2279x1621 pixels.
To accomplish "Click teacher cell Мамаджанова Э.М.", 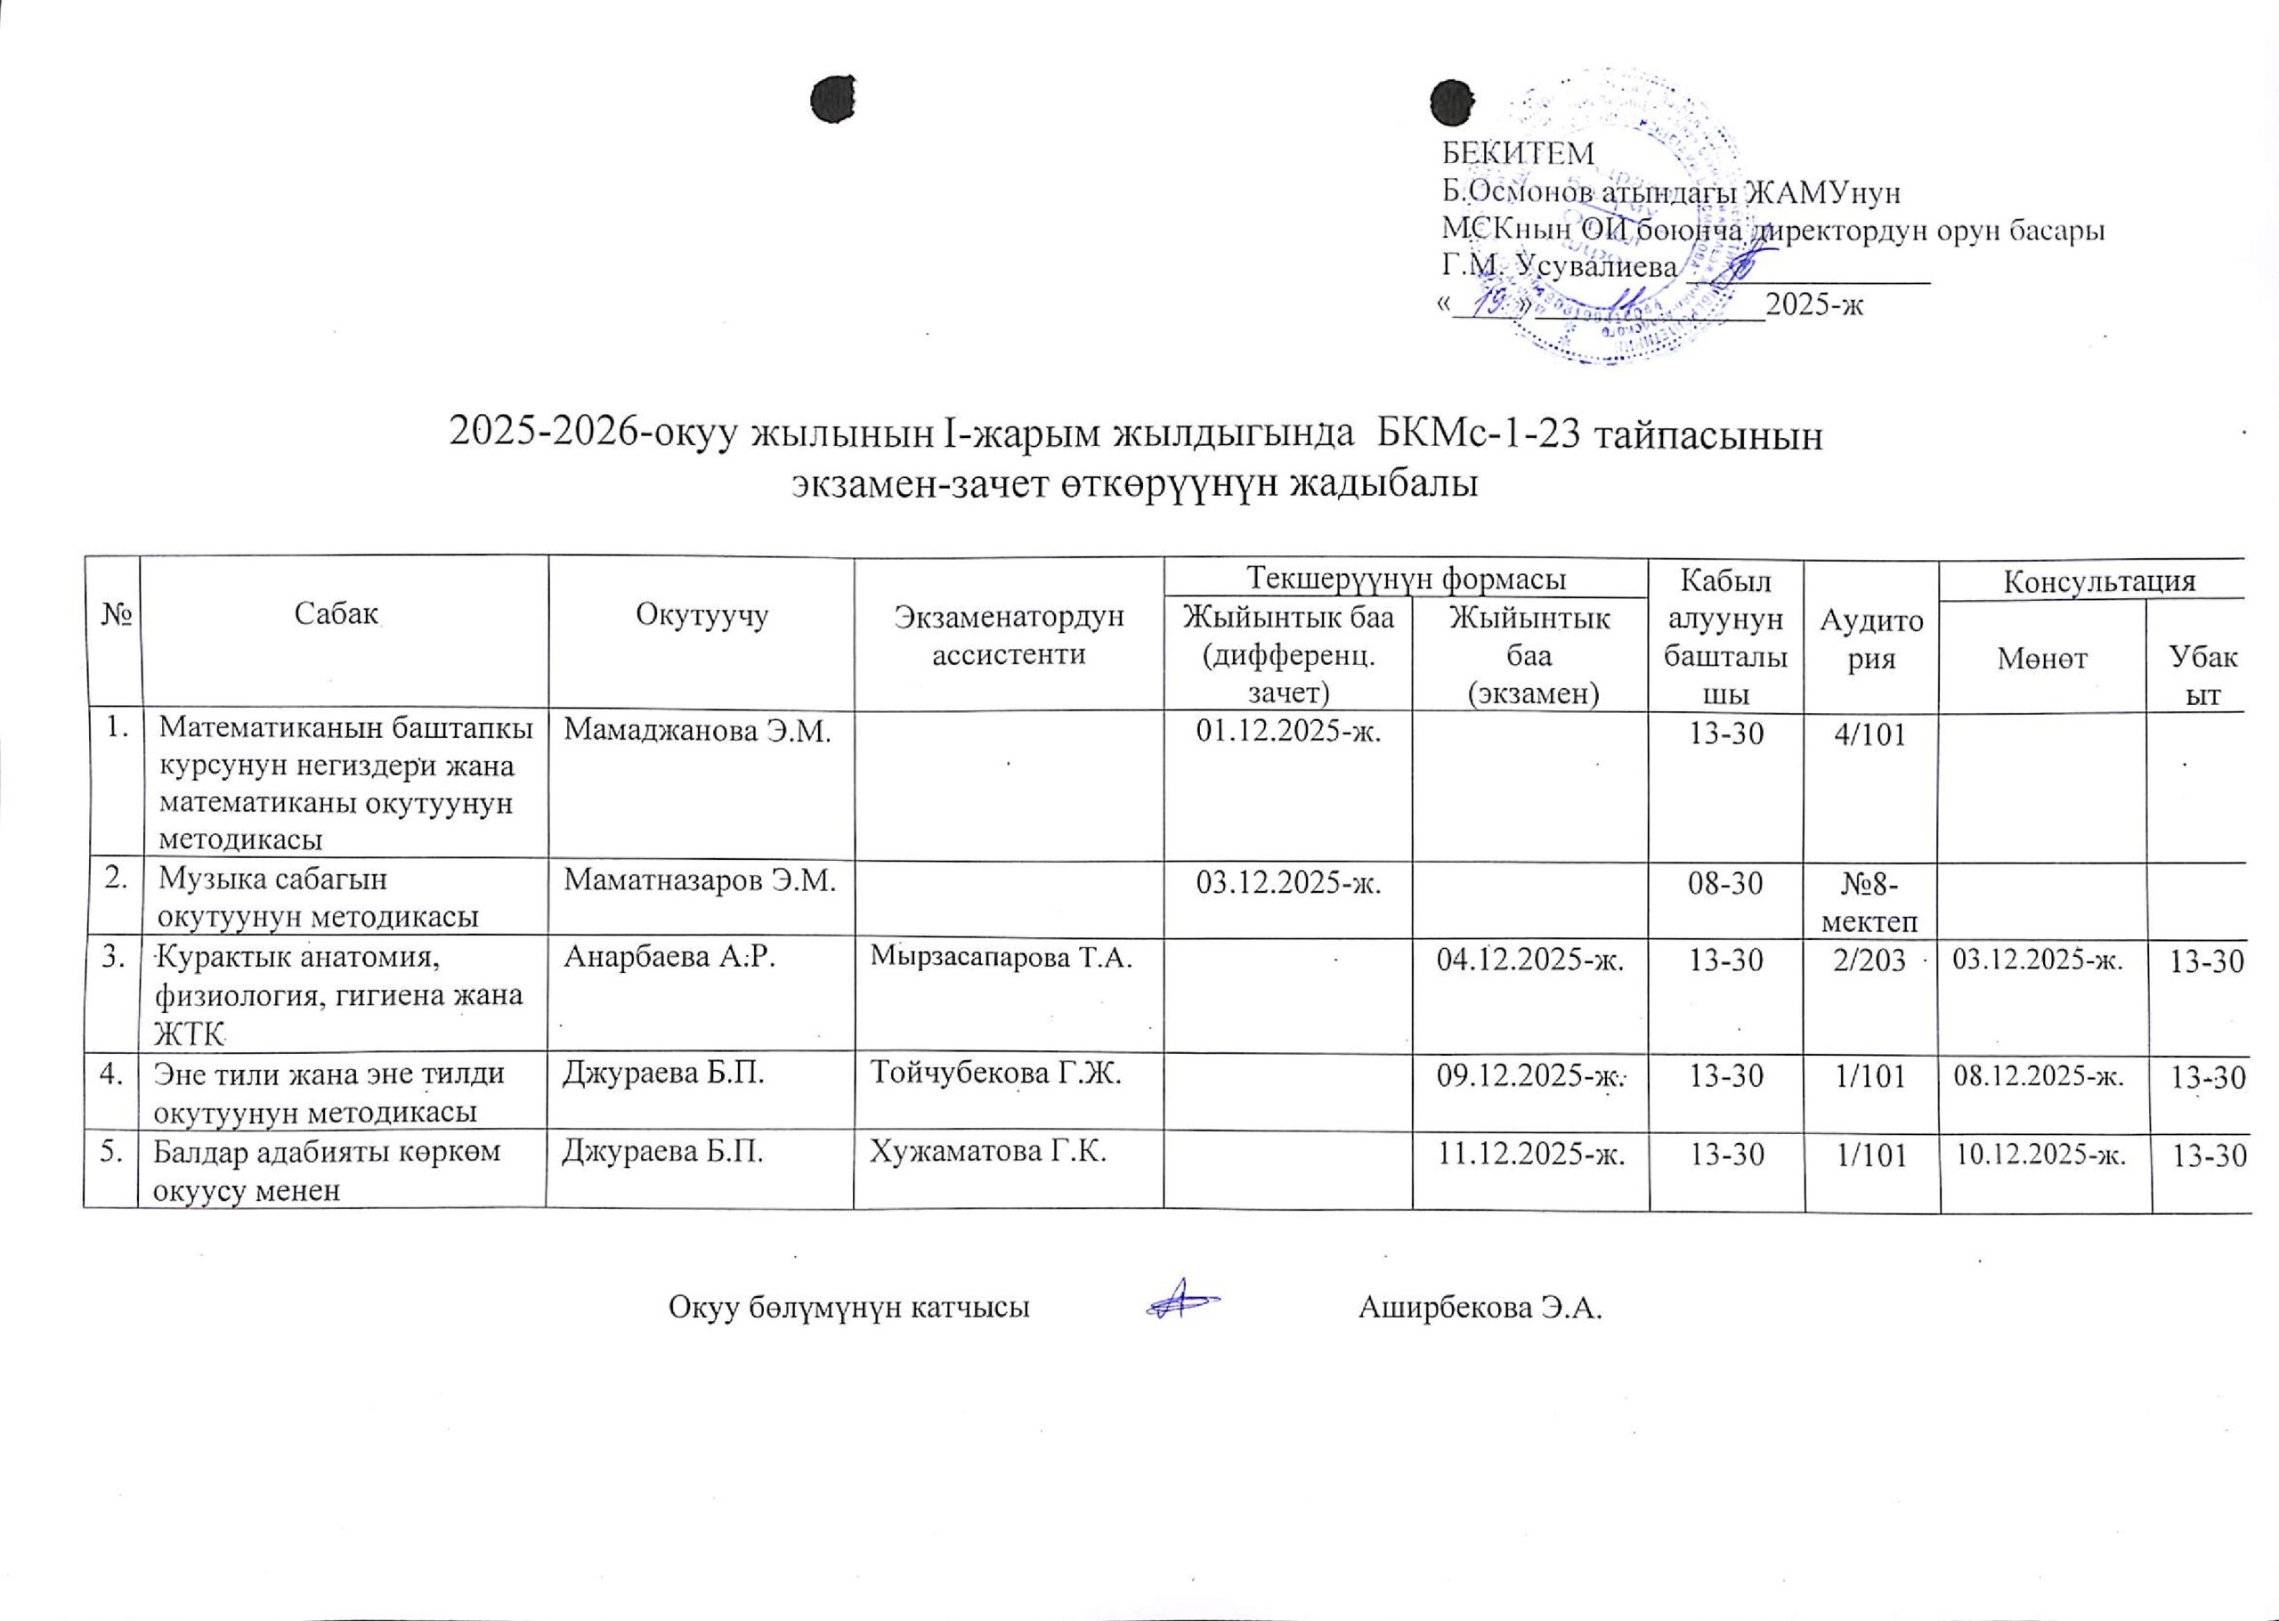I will point(697,732).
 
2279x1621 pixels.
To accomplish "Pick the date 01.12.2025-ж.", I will point(1288,734).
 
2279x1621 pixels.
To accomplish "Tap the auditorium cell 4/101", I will point(1870,735).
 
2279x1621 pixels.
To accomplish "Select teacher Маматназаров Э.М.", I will point(700,880).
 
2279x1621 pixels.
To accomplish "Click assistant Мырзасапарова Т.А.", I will point(1002,958).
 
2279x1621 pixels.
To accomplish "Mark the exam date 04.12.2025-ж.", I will point(1530,961).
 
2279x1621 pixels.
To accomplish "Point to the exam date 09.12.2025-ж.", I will point(1530,1077).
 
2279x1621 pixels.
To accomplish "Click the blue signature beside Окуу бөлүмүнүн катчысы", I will point(1181,1302).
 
